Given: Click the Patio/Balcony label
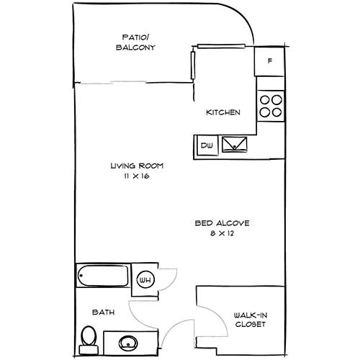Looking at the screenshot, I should point(137,43).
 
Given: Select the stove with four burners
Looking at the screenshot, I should point(271,107).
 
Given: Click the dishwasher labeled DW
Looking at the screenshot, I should point(207,145).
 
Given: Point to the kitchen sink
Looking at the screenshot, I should point(234,145).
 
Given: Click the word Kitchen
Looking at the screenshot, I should point(223,113).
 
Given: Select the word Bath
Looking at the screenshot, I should point(103,312).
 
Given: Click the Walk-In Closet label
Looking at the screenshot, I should point(250,319).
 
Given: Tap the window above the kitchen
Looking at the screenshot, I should point(223,48).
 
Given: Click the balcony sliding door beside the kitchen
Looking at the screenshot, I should point(193,66).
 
